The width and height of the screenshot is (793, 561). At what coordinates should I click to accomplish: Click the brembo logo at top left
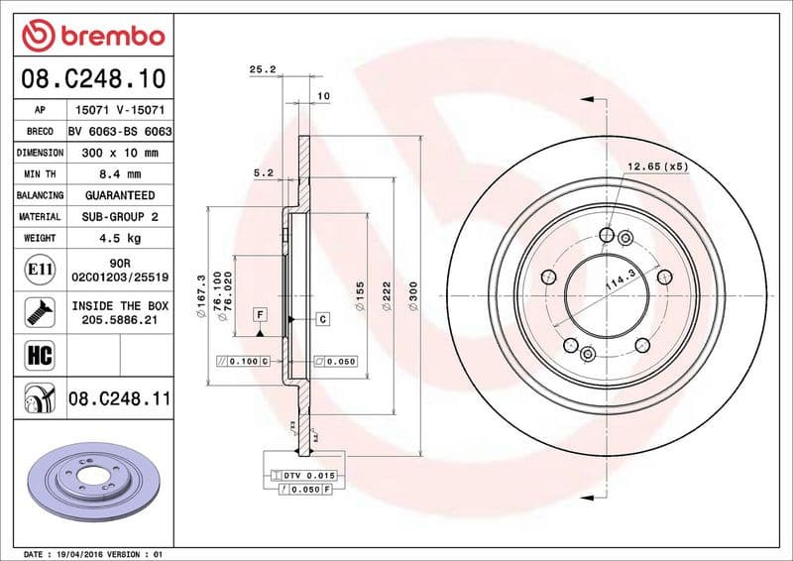(x=92, y=36)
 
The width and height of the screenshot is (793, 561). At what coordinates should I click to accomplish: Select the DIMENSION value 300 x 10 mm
(x=119, y=153)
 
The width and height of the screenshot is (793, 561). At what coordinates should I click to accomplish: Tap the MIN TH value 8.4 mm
(x=119, y=174)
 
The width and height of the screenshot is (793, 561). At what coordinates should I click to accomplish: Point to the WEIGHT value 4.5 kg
(x=119, y=238)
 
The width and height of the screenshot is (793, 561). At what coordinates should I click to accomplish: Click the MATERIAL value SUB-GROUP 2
(x=119, y=216)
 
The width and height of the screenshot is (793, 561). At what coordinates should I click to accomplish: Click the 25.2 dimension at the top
(x=261, y=70)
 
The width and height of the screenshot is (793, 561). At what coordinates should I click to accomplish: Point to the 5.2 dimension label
(x=263, y=172)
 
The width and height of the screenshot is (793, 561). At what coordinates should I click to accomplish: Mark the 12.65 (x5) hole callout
(x=657, y=166)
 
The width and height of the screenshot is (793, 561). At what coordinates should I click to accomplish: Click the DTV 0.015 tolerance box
(x=310, y=476)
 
